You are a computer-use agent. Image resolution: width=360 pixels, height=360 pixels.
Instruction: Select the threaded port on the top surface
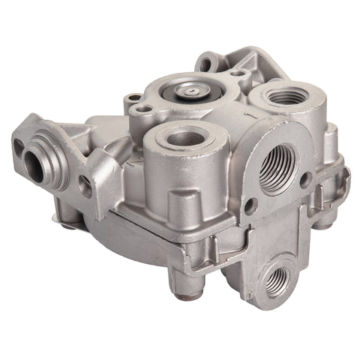[x=286, y=96]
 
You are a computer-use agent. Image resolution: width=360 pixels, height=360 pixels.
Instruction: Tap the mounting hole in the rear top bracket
[x=205, y=64]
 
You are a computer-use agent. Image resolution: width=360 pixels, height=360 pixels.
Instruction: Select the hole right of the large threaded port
[x=305, y=179]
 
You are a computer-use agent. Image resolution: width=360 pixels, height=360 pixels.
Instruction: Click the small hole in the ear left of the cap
[x=133, y=98]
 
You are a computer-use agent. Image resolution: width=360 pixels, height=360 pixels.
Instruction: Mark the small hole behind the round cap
[x=238, y=73]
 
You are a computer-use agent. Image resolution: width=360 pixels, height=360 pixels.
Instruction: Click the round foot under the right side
[x=322, y=222]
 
